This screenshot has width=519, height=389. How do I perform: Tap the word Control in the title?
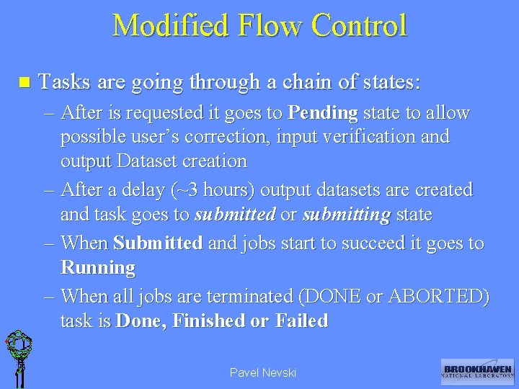point(359,25)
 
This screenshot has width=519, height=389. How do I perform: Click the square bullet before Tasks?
point(23,83)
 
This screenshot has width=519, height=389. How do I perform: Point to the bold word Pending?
point(322,113)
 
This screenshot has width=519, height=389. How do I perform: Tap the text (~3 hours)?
point(202,190)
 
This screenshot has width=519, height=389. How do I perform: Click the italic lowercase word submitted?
point(235,214)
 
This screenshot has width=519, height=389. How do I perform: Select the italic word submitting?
point(347,214)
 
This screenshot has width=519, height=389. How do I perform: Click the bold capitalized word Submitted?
point(158,243)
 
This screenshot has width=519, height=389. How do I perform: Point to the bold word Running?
point(98,268)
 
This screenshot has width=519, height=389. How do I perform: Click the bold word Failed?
point(301,321)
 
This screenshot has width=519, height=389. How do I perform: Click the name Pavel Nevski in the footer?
point(262,372)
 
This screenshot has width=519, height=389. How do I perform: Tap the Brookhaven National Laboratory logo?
point(476,370)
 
